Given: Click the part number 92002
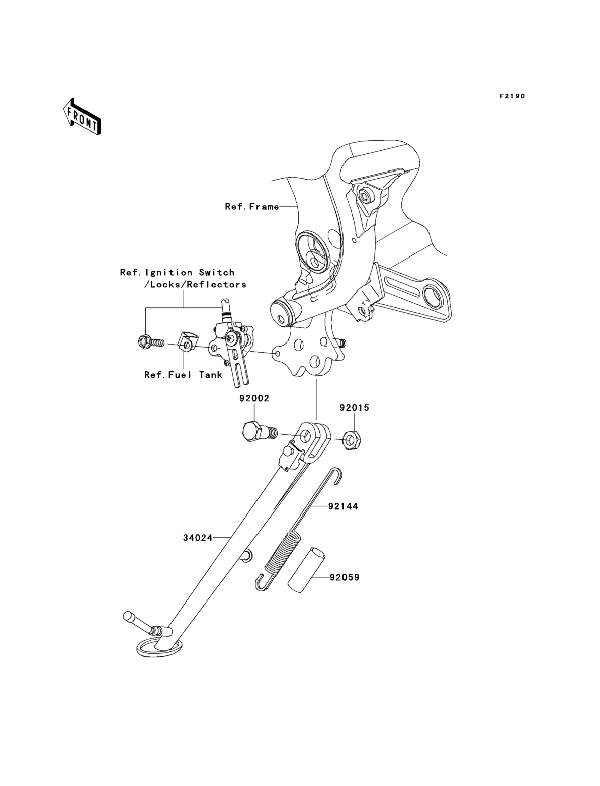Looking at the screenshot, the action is [254, 398].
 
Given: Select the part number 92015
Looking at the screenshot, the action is [354, 408].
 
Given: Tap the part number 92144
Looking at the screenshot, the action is [343, 506].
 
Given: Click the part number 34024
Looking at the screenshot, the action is [198, 548].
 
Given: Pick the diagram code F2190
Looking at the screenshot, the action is [513, 96].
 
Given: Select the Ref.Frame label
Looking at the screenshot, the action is [252, 207].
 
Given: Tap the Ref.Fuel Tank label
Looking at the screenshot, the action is [183, 375].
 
